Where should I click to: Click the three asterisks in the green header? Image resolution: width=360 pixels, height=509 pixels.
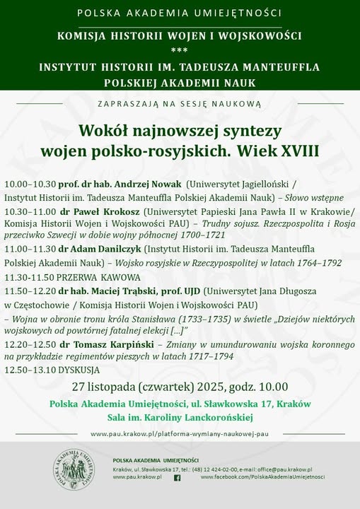click(x=180, y=50)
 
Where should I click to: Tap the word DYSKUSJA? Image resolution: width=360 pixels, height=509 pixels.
click(x=74, y=370)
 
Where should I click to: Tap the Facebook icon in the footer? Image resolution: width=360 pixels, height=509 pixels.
click(x=177, y=478)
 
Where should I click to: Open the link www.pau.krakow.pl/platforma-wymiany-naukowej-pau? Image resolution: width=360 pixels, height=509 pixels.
click(x=180, y=433)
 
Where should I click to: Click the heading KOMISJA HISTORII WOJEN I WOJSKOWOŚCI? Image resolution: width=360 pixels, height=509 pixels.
click(x=180, y=35)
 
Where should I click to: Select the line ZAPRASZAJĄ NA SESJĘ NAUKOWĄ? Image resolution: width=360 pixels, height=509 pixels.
click(x=180, y=104)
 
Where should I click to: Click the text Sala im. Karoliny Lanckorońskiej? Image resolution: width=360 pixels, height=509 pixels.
click(x=180, y=417)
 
